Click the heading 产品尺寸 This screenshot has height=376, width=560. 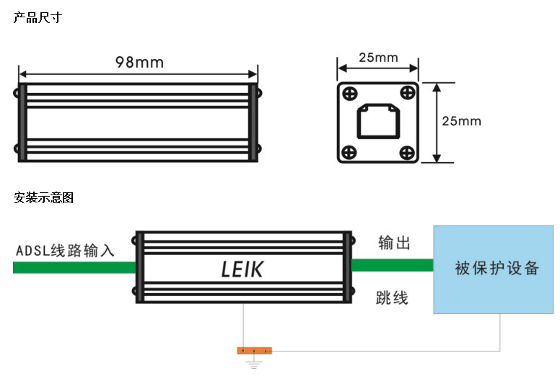(38, 17)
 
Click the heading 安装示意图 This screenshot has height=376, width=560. (43, 197)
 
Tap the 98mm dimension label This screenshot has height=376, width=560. (139, 62)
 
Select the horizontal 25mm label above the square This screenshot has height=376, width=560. (378, 57)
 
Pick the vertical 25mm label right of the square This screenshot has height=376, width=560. (460, 121)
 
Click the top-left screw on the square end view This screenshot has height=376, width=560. (349, 94)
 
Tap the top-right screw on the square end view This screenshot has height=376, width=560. (407, 94)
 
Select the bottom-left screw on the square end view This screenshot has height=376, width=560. (349, 152)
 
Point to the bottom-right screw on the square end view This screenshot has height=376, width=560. (407, 152)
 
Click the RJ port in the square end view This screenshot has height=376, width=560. (378, 121)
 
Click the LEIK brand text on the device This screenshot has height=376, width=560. (242, 270)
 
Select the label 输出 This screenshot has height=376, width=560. (394, 243)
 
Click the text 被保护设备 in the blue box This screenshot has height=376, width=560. (497, 269)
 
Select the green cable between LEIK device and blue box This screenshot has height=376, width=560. (393, 265)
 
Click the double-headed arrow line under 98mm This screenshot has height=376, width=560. (138, 73)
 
